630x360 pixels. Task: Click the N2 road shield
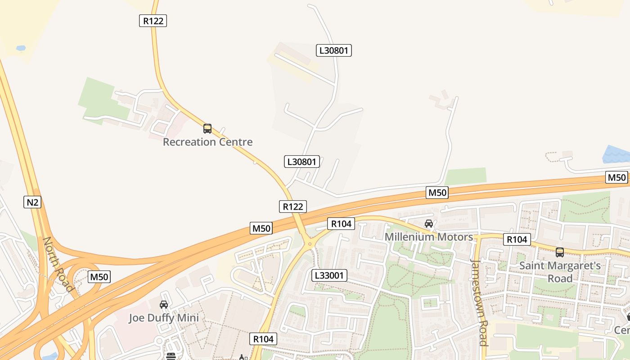[32, 202]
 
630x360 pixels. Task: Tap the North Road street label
[58, 264]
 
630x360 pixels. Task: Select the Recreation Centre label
[207, 142]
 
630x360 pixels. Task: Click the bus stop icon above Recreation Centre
[207, 129]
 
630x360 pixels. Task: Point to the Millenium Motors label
[428, 237]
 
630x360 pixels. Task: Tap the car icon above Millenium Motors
[429, 224]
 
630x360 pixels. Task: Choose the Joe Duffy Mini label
[164, 318]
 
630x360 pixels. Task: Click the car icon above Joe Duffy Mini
[164, 305]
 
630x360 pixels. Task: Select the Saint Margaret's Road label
[560, 272]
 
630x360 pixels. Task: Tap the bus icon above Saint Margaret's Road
[560, 252]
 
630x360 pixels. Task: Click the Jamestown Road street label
[479, 302]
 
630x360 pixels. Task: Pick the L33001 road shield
[329, 275]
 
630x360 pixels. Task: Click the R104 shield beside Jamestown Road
[517, 239]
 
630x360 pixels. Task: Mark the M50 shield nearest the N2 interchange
[99, 277]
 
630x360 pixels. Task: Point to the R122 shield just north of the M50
[292, 207]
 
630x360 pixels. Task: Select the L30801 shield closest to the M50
[302, 162]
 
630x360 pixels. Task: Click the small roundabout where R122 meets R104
[310, 244]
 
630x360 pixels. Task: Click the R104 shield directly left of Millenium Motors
[342, 224]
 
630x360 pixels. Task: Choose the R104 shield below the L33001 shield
[263, 339]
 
